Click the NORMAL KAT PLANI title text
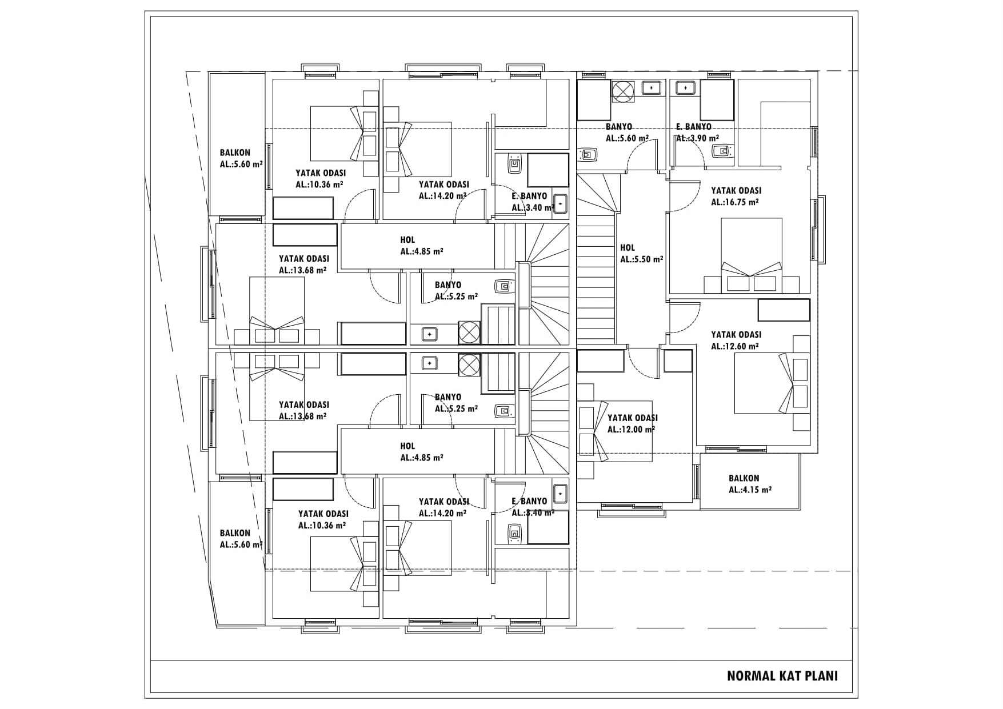coord(782,676)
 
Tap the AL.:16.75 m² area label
coord(735,202)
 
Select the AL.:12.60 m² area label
coord(735,346)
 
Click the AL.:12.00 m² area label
coord(631,430)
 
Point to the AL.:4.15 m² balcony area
coord(750,490)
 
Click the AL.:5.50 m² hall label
coord(642,259)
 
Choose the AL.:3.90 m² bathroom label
coord(697,138)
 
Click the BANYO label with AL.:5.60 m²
coord(619,127)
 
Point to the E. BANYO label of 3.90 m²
coord(693,127)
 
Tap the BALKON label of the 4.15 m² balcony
coord(744,478)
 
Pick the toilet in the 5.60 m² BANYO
coord(588,154)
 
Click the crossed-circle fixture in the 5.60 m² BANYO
coord(623,91)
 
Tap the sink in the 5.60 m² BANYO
coord(651,88)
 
